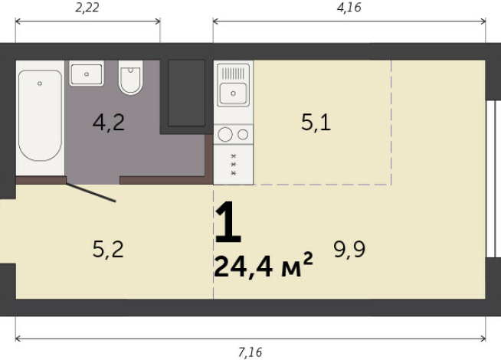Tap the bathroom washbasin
(x=87, y=74)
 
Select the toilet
(x=131, y=79)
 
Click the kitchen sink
(x=233, y=93)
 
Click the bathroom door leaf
(x=90, y=191)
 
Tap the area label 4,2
(x=109, y=123)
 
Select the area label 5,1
(x=316, y=123)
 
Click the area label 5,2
(x=107, y=249)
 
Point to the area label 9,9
(x=349, y=249)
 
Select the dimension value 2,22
(x=87, y=8)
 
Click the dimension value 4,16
(x=349, y=8)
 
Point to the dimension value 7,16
(x=250, y=352)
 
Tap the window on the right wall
(x=491, y=180)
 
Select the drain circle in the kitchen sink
(x=233, y=95)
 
